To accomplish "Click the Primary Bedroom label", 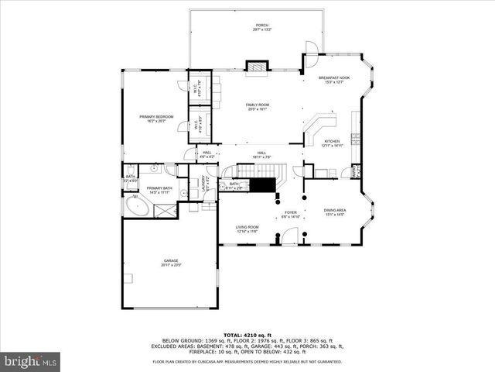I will [156, 119].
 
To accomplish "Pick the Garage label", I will [171, 262].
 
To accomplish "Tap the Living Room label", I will [247, 229].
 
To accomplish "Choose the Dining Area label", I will [336, 212].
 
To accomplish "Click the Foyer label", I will [291, 215].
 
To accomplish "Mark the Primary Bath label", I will [159, 190].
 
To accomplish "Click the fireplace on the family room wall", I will [255, 67].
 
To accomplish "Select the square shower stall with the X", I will [164, 209].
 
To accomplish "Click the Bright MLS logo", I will [30, 361].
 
